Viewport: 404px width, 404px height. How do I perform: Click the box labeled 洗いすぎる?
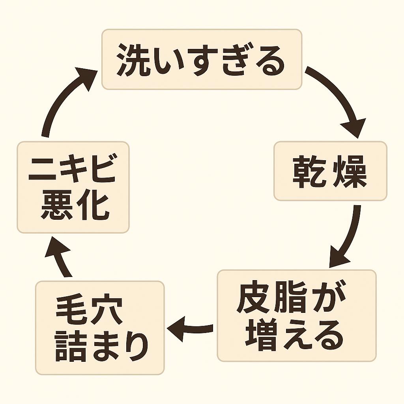[x=202, y=59]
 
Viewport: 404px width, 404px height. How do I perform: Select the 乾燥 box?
[x=330, y=171]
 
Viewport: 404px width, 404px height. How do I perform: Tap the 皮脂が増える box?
[x=297, y=316]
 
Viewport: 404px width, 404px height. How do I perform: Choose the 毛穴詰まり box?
[x=100, y=327]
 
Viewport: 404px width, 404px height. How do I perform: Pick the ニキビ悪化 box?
[x=73, y=187]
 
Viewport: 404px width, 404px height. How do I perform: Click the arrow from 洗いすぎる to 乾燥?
[x=340, y=99]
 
